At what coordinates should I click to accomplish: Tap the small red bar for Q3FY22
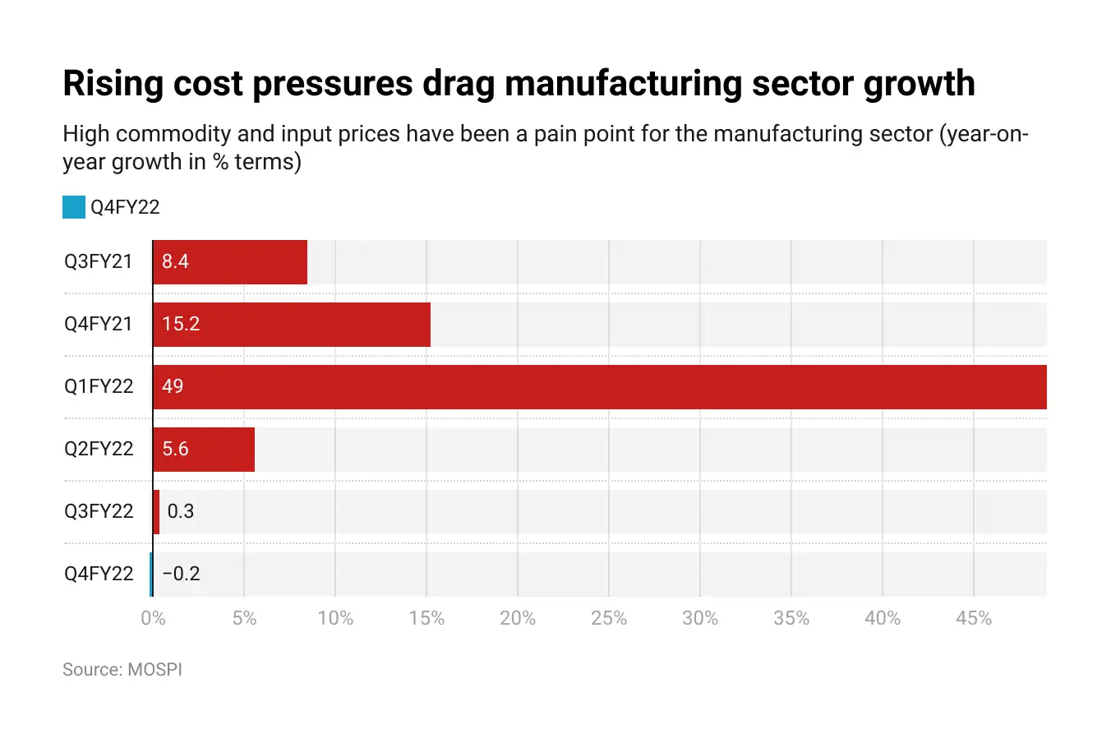pos(156,512)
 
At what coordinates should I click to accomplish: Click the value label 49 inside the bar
pos(173,386)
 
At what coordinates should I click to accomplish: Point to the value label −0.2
pos(182,574)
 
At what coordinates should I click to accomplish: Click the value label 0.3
pos(181,511)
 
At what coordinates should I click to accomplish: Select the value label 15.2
pos(181,324)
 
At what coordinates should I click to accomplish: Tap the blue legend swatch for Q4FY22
pos(74,207)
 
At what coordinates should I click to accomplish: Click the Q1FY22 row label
pos(99,386)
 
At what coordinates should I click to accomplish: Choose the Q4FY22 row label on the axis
pos(99,574)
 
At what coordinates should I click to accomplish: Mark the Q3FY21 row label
pos(99,261)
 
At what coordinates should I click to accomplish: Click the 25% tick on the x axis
pos(609,618)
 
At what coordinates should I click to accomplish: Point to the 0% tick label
pos(153,618)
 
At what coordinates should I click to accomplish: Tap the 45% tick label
pos(974,618)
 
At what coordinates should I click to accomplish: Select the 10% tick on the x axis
pos(335,618)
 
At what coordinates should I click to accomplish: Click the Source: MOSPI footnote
pos(122,670)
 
